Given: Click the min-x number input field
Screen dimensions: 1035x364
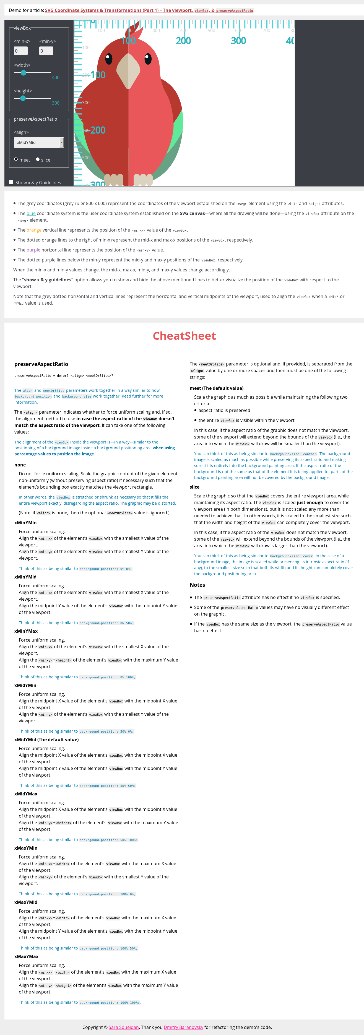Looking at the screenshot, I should point(20,51).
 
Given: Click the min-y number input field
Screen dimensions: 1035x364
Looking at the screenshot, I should point(46,51).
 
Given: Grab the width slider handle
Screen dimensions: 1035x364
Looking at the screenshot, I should point(23,73).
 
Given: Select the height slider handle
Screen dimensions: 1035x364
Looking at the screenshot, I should point(23,98).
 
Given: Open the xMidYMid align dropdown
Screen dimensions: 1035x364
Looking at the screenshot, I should point(38,142).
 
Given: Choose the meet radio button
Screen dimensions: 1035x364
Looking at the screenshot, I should point(16,160).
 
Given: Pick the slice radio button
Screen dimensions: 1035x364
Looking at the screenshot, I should point(38,160).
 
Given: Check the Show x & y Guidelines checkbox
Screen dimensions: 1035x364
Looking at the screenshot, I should point(11,182).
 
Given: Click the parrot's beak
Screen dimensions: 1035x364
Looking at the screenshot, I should point(128,70).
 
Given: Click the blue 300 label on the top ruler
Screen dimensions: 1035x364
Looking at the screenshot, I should point(238,41).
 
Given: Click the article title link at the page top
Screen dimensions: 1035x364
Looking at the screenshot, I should point(149,11).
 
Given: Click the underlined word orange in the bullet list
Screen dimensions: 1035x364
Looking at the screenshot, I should point(34,230).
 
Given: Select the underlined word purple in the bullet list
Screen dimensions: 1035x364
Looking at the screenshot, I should point(33,250).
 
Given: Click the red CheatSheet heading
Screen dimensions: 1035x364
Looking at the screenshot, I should point(184,336).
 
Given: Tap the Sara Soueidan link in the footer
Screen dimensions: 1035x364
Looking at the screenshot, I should point(124,1027).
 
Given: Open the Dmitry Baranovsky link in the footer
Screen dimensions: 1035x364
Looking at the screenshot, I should point(183,1027).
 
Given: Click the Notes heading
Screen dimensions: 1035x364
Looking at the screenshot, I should point(197,585).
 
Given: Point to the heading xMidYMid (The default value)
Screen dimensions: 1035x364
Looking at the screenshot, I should point(46,739).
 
